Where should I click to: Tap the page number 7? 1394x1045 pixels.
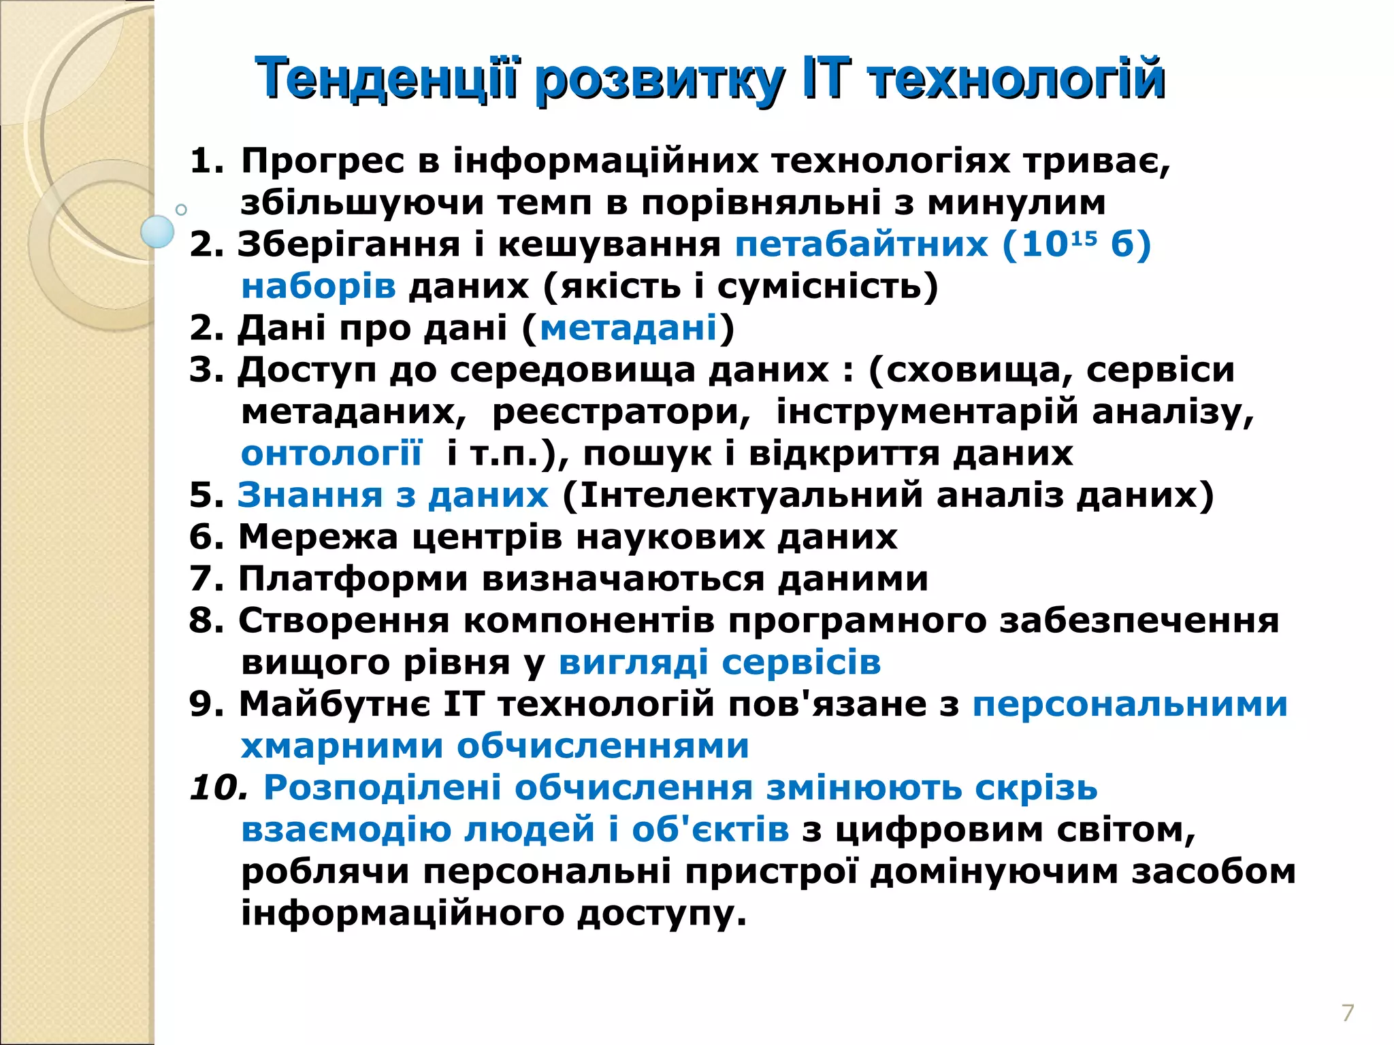coord(1348,1012)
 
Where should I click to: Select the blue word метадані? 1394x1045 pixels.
coord(628,328)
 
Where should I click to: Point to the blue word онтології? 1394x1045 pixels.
coord(331,453)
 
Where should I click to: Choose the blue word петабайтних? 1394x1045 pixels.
coord(861,244)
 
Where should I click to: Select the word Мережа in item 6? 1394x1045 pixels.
coord(318,537)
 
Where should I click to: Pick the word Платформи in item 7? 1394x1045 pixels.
coord(353,579)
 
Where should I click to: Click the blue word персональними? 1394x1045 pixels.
coord(1130,704)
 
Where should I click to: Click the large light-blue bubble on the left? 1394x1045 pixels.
coord(157,231)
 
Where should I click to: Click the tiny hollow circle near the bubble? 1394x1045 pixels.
coord(181,210)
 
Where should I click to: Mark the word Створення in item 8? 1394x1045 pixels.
coord(344,620)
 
